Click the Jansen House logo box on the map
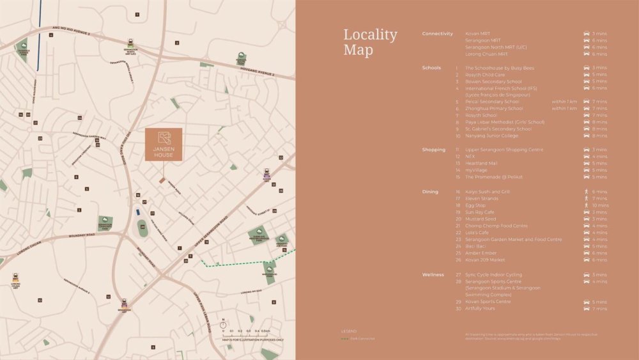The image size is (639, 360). (x=163, y=145)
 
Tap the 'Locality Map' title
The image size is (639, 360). (x=370, y=42)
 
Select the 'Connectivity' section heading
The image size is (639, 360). (x=437, y=34)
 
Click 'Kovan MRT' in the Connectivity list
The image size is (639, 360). (x=477, y=34)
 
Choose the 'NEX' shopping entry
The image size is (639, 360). (x=470, y=157)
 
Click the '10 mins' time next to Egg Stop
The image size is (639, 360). (x=600, y=205)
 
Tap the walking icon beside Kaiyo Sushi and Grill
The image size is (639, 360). (x=586, y=192)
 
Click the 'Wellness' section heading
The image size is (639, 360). (x=433, y=274)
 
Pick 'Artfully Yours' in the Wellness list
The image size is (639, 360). (x=482, y=309)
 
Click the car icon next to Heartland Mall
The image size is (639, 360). (x=586, y=163)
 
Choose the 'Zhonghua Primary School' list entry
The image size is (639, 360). (x=494, y=109)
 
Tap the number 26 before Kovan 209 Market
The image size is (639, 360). (x=458, y=260)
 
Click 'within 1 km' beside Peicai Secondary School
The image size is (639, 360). (x=564, y=102)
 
